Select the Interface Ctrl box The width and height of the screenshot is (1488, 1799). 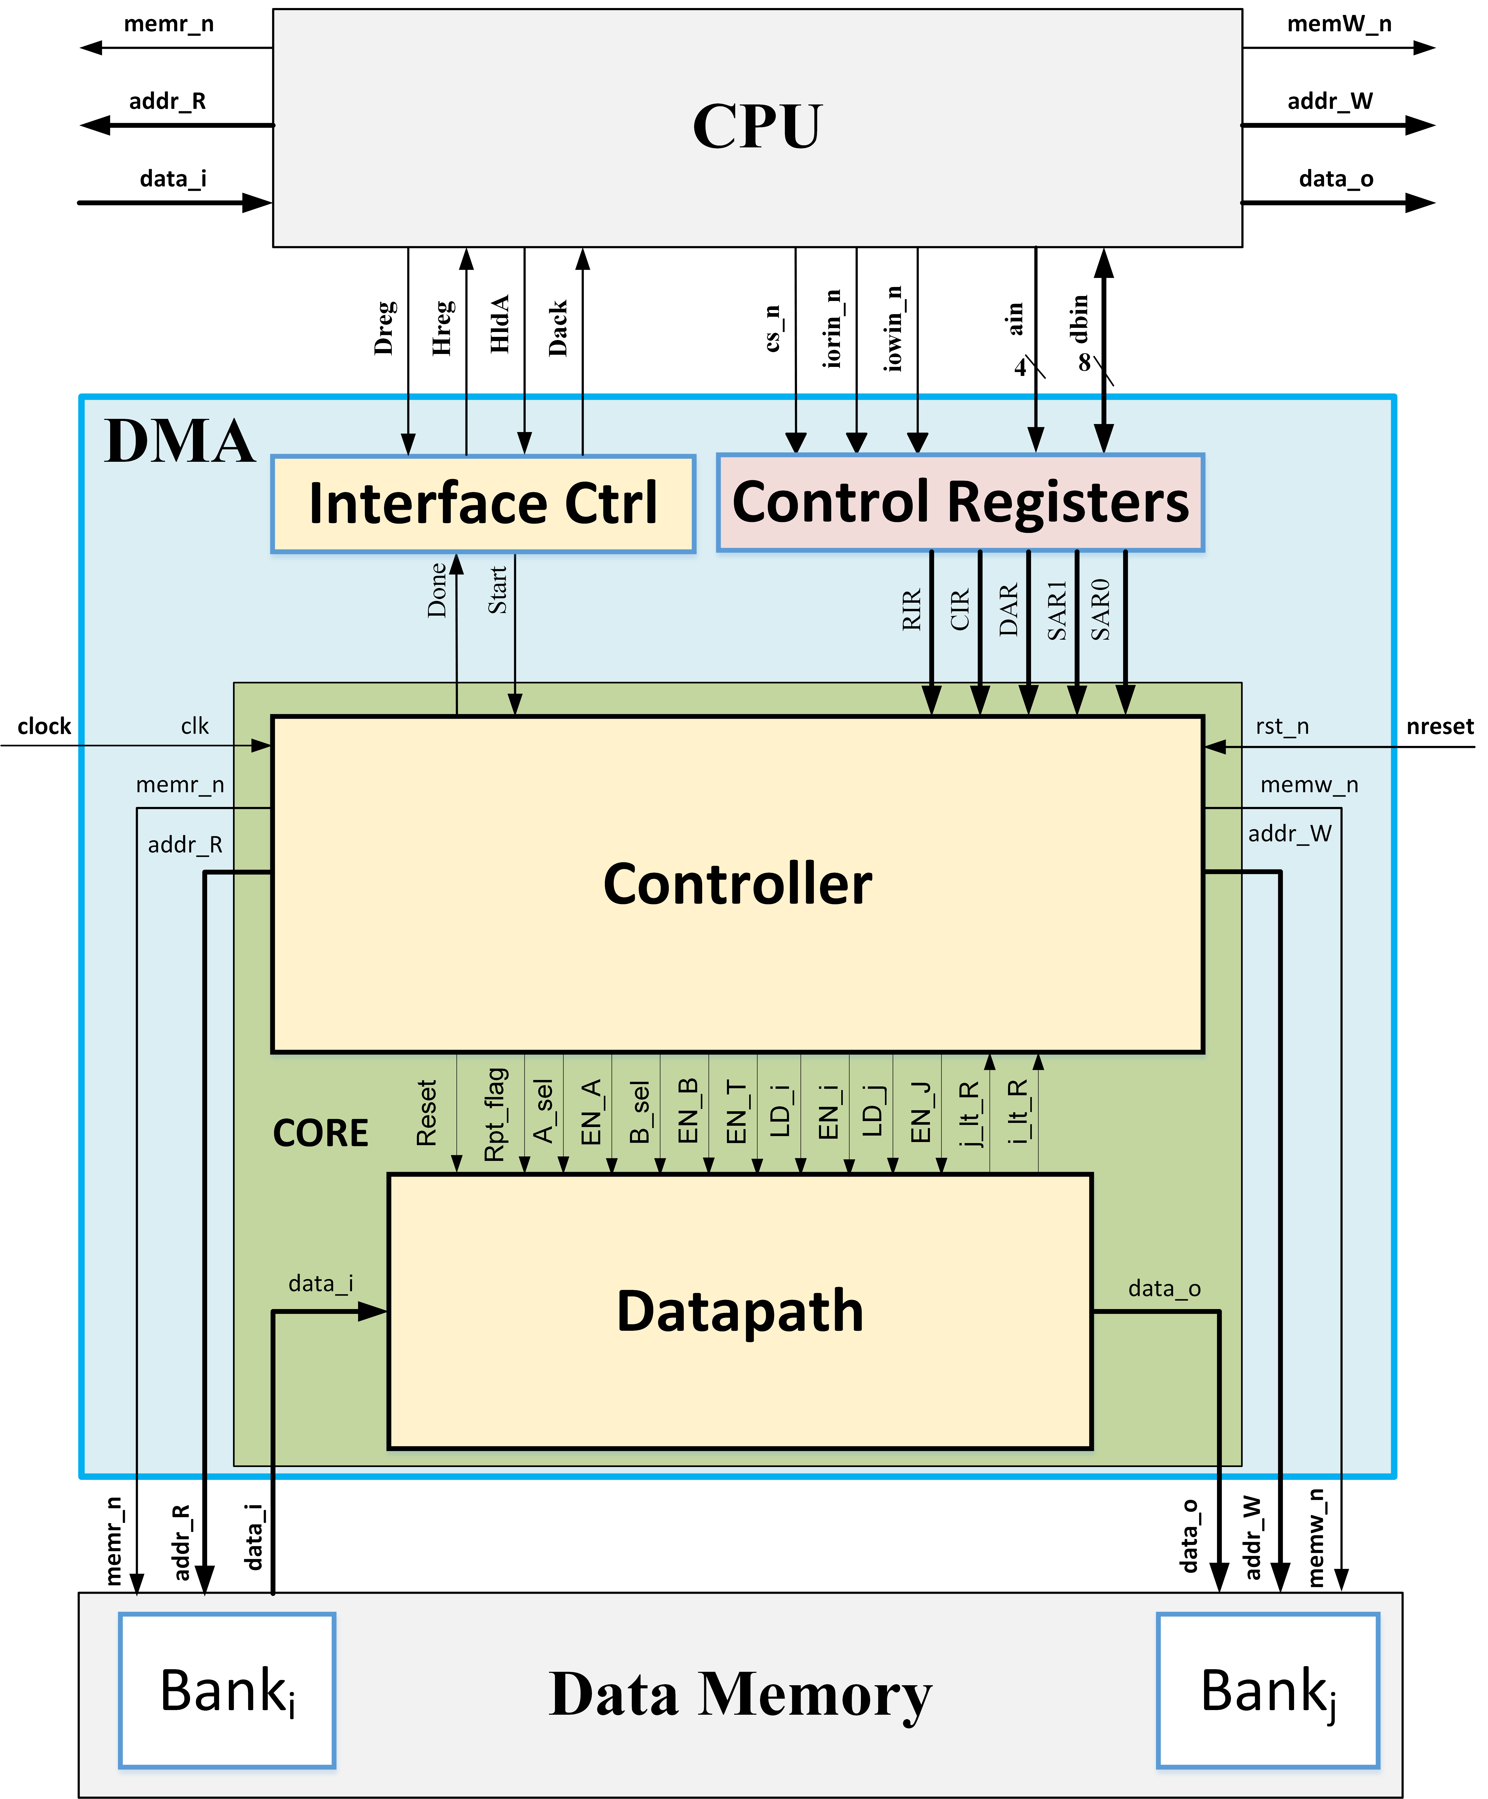pyautogui.click(x=483, y=504)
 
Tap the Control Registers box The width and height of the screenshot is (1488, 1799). pyautogui.click(x=960, y=502)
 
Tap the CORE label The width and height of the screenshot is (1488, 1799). pyautogui.click(x=320, y=1133)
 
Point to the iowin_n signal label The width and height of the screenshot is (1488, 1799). pyautogui.click(x=893, y=329)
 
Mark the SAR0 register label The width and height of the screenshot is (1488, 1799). pyautogui.click(x=1101, y=609)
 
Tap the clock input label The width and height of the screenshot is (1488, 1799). pyautogui.click(x=44, y=727)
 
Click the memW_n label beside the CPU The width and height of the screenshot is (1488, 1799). pyautogui.click(x=1339, y=24)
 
